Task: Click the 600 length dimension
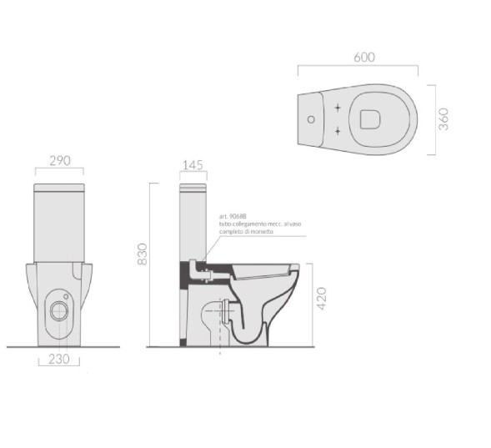pos(364,57)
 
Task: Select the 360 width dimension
pos(444,118)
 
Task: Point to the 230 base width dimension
pos(58,360)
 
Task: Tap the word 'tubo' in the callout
pos(225,224)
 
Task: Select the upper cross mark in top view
pos(336,108)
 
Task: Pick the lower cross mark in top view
pos(336,130)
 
